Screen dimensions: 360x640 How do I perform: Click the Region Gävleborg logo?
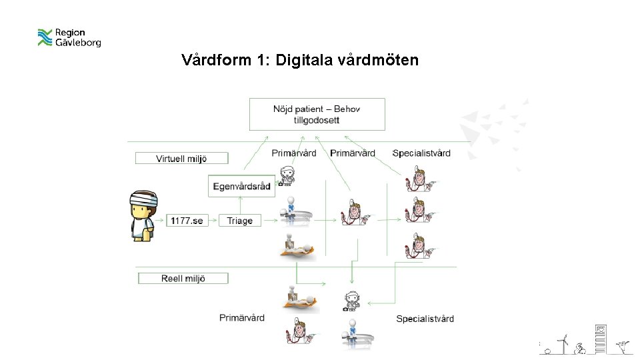pyautogui.click(x=69, y=37)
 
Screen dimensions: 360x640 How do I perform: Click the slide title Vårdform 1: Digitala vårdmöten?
pyautogui.click(x=300, y=61)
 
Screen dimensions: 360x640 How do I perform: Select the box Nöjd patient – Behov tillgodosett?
pyautogui.click(x=317, y=114)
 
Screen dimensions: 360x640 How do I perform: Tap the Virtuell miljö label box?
pyautogui.click(x=181, y=159)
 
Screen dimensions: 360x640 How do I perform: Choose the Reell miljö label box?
pyautogui.click(x=183, y=278)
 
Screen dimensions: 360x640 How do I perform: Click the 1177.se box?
pyautogui.click(x=186, y=221)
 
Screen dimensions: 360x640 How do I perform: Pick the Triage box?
pyautogui.click(x=239, y=221)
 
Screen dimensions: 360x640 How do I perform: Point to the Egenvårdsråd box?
pyautogui.click(x=241, y=186)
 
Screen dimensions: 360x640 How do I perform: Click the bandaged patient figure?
pyautogui.click(x=143, y=215)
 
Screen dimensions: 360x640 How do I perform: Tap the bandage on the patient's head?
pyautogui.click(x=143, y=198)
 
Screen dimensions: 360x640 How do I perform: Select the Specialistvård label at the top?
pyautogui.click(x=421, y=153)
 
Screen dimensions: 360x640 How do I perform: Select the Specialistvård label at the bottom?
pyautogui.click(x=425, y=319)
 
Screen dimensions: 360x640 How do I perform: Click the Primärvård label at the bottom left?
pyautogui.click(x=241, y=318)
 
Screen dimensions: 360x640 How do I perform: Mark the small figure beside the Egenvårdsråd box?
pyautogui.click(x=287, y=175)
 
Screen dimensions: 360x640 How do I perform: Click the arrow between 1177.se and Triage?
pyautogui.click(x=212, y=221)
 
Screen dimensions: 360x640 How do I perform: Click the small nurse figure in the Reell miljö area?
pyautogui.click(x=351, y=301)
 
